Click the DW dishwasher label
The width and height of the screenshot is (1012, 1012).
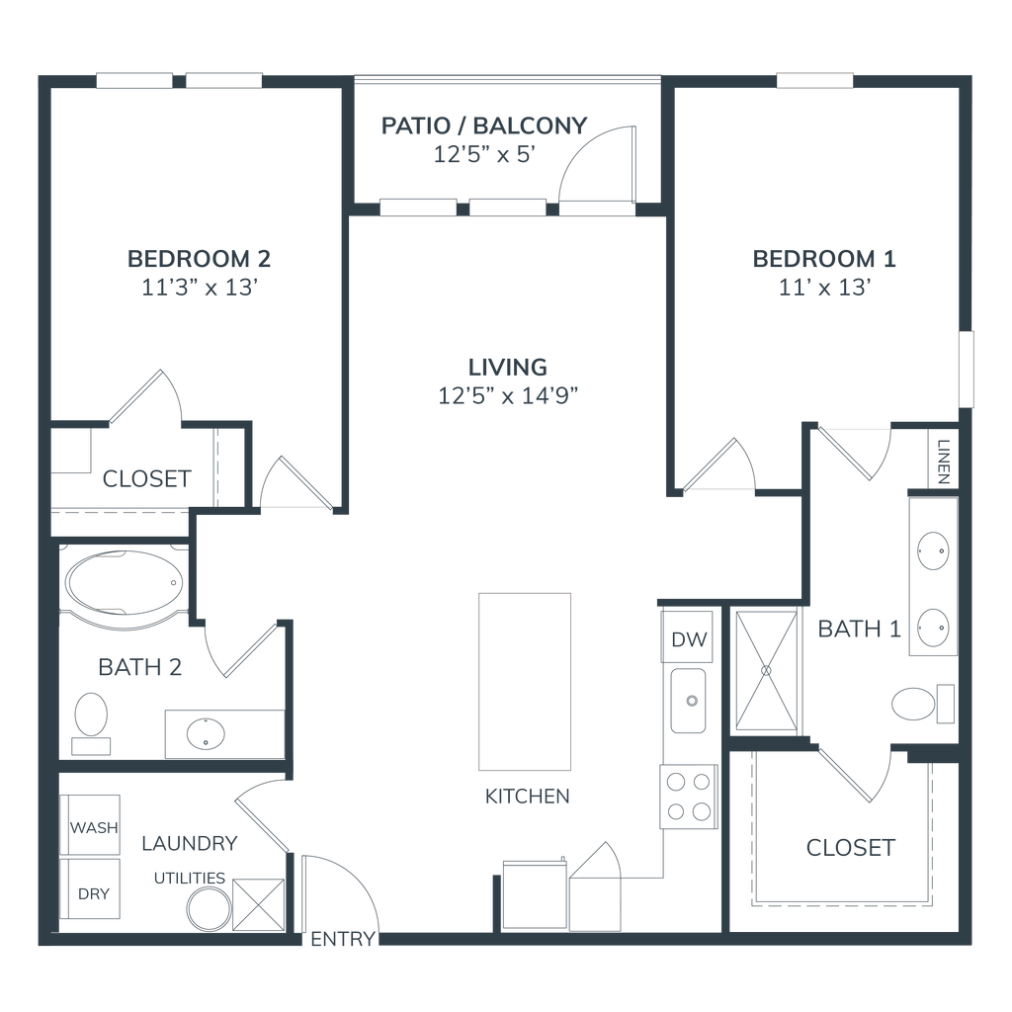tap(689, 639)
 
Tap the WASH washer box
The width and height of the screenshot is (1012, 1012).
tap(90, 825)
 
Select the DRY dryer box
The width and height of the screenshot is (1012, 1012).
tap(90, 888)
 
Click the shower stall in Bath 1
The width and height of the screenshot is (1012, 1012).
tap(766, 671)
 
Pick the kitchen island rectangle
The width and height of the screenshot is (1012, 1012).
tap(525, 682)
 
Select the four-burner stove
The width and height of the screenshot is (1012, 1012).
tap(689, 797)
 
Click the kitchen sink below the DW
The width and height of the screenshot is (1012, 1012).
tap(688, 701)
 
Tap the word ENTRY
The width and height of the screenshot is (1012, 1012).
tap(343, 939)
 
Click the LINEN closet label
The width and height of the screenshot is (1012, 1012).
tap(944, 463)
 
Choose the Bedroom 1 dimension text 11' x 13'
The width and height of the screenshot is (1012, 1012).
tap(825, 288)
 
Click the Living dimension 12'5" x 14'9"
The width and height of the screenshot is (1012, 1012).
tap(508, 395)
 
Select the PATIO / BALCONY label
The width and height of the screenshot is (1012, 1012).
tap(484, 126)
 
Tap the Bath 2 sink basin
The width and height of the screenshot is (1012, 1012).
tap(206, 734)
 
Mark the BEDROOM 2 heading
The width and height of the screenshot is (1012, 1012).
tap(199, 259)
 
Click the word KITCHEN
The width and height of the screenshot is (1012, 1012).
tap(528, 797)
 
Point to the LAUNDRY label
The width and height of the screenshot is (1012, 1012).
tap(190, 844)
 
